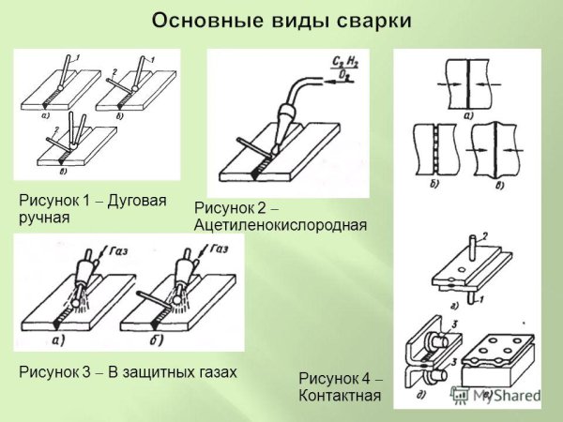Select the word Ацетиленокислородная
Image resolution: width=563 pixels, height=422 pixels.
point(280,226)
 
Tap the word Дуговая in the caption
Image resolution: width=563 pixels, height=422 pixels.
point(141,201)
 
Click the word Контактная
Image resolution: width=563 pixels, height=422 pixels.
point(339,396)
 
